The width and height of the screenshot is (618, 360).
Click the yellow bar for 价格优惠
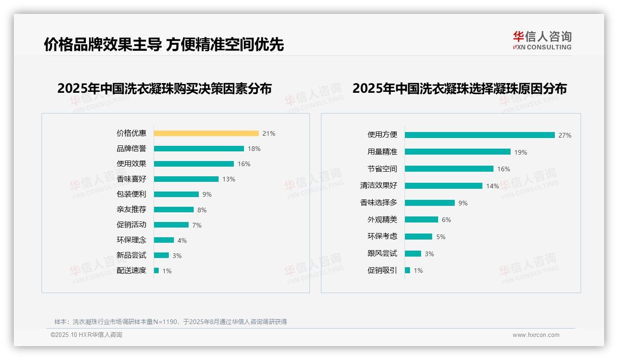[206, 133]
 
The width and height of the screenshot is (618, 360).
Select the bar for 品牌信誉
[199, 149]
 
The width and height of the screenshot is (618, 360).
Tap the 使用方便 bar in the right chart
[480, 135]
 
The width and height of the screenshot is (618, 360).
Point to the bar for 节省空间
[449, 169]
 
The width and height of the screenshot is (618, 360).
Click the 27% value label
[565, 135]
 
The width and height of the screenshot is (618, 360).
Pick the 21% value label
[268, 133]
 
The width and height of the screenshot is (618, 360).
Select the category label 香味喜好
[131, 179]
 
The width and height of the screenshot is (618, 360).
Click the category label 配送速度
[131, 270]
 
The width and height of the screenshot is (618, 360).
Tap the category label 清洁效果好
[378, 186]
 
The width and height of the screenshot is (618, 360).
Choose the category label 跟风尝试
[382, 253]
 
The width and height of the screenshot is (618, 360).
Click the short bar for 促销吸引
[407, 270]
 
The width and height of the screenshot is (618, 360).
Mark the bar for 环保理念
[164, 240]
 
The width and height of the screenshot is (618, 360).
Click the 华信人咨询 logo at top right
[542, 40]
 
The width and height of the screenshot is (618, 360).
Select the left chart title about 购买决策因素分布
[164, 89]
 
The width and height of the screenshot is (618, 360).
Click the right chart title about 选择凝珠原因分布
[459, 89]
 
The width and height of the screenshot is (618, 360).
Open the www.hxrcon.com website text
[535, 335]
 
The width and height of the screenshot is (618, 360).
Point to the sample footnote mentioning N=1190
[171, 322]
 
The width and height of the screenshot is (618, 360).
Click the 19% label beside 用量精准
[521, 152]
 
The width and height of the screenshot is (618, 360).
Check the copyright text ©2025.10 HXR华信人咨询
[86, 335]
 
